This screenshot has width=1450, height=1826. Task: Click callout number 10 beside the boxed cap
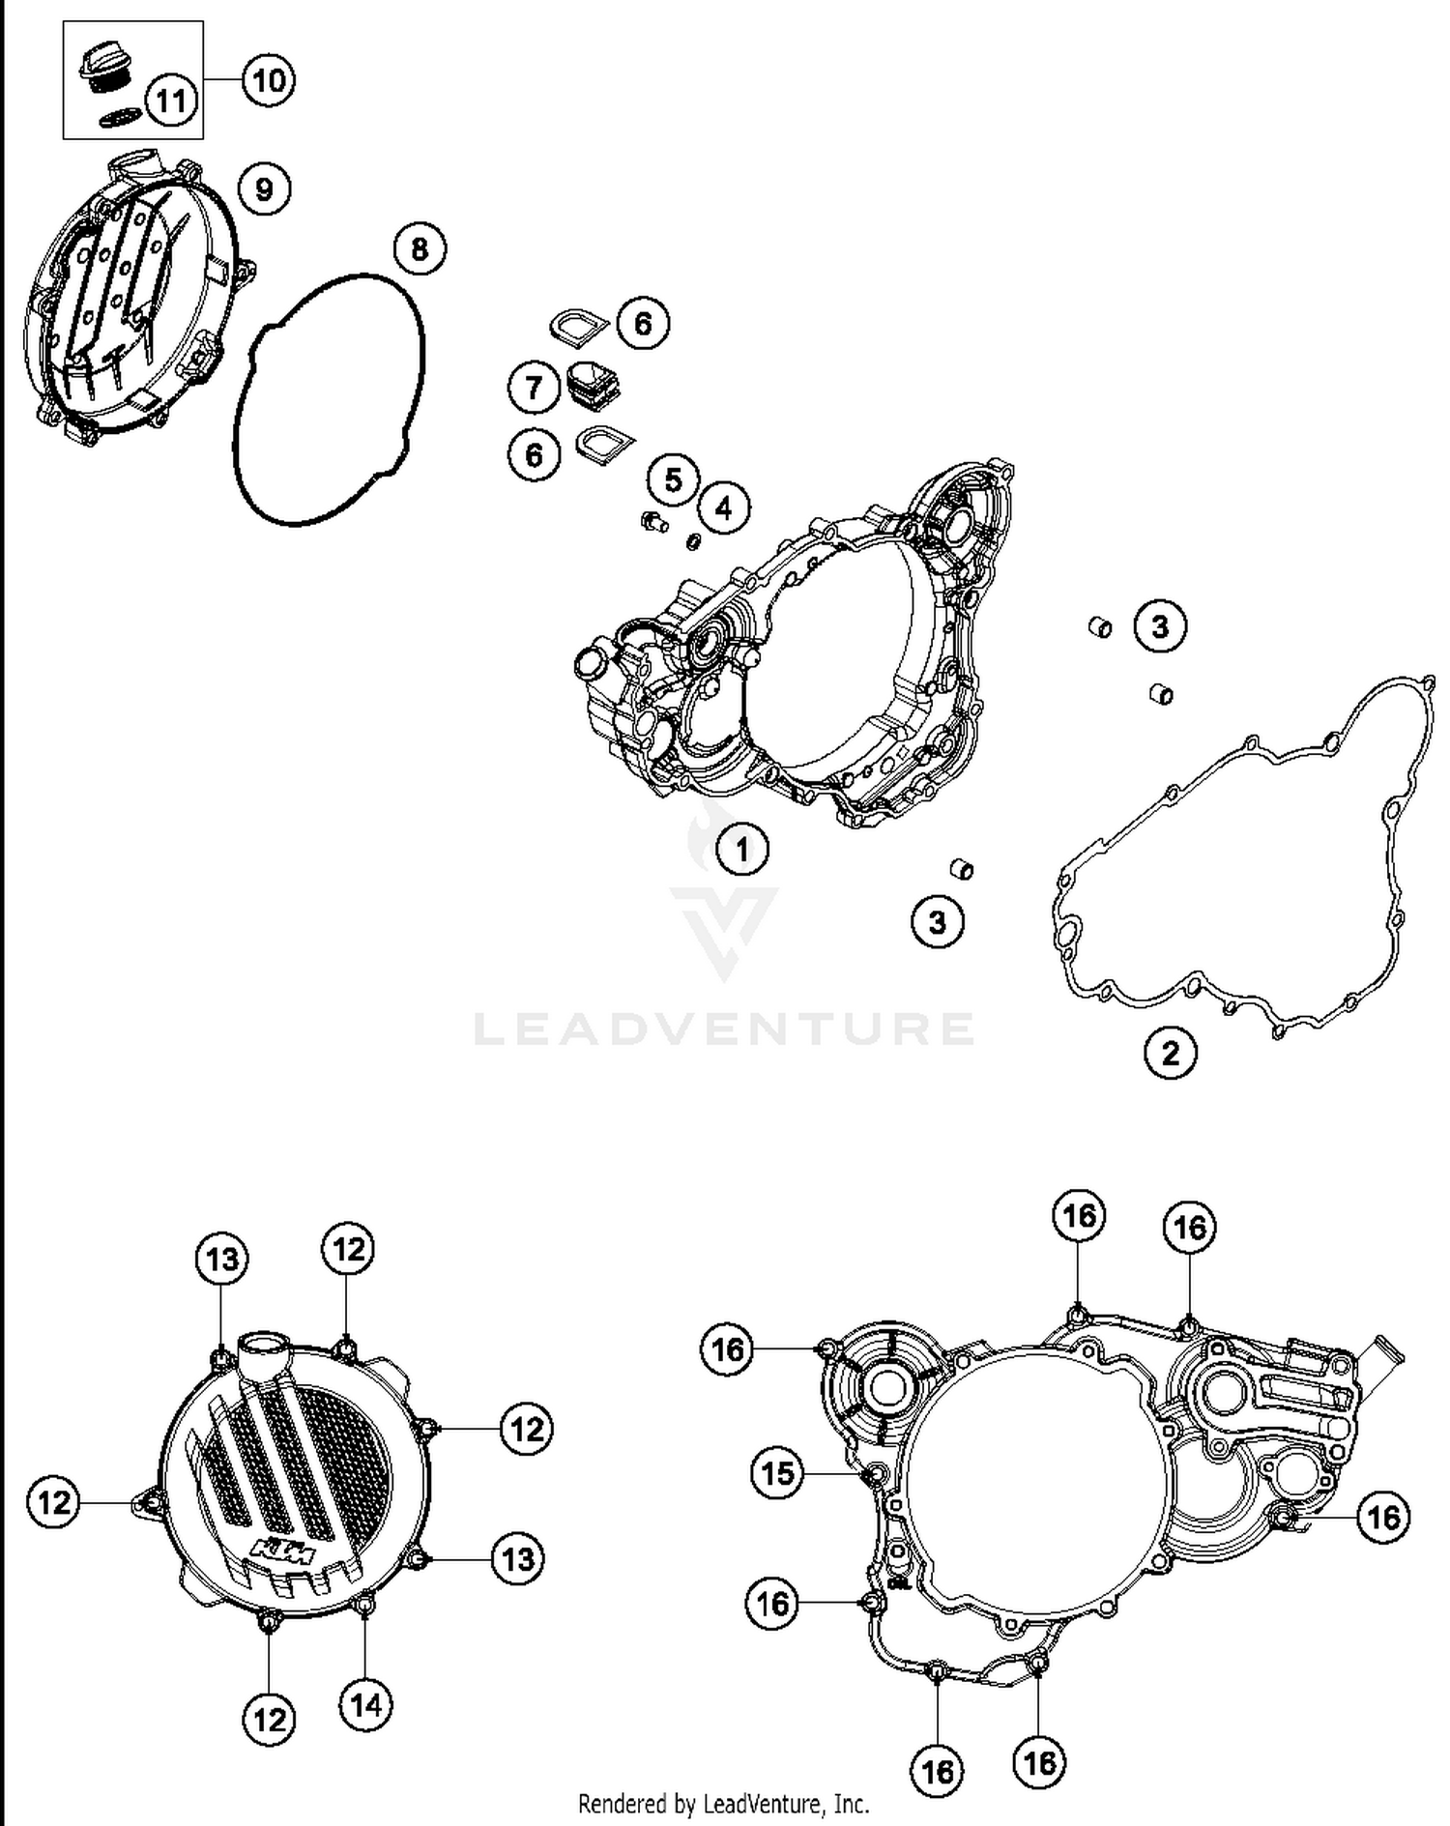click(268, 79)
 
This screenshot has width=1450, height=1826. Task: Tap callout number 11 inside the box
click(171, 101)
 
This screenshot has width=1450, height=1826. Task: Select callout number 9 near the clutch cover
click(264, 188)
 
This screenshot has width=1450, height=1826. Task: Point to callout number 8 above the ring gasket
click(419, 249)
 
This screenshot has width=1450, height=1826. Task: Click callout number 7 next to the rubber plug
click(534, 389)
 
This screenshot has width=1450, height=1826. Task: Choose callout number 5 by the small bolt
click(673, 480)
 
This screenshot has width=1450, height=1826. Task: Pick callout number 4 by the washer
click(724, 507)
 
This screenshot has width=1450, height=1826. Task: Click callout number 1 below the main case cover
click(741, 850)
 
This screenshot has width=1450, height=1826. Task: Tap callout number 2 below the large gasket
click(1170, 1053)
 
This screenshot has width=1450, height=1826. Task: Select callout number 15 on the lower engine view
click(777, 1474)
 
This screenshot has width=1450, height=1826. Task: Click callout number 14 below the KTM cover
click(365, 1705)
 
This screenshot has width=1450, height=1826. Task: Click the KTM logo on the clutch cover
click(284, 1551)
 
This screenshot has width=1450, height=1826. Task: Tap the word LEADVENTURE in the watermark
click(724, 1029)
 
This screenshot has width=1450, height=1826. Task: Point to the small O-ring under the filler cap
click(121, 117)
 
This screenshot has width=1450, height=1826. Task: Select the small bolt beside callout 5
click(653, 523)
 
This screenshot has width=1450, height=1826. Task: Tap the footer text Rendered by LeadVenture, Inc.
click(723, 1804)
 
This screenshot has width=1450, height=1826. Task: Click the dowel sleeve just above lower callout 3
click(962, 868)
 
